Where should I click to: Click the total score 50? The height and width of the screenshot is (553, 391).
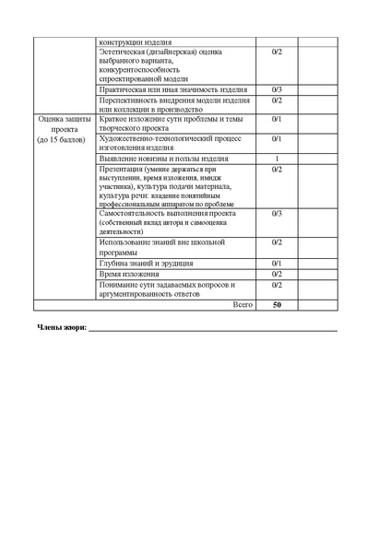click(277, 303)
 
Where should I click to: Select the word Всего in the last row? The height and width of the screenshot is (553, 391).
click(242, 303)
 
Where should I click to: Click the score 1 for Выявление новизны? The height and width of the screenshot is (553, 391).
click(277, 159)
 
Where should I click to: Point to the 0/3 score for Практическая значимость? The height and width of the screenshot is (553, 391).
click(277, 89)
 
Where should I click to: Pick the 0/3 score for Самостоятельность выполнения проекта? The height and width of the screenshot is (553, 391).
click(277, 213)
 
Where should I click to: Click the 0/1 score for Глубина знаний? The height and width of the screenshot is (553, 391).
click(277, 264)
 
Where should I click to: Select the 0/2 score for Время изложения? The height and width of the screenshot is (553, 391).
click(277, 274)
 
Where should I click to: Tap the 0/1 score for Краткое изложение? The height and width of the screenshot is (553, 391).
click(277, 120)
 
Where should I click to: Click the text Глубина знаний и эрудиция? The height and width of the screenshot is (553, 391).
click(140, 264)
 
